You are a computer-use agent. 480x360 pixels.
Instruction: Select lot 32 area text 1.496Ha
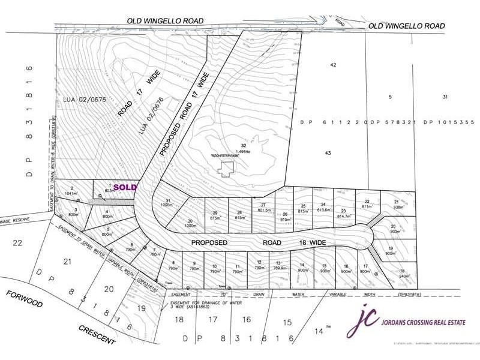pos(243,152)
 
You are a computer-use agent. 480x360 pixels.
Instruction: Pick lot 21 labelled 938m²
pos(396,204)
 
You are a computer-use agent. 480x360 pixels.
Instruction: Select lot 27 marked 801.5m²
pos(263,207)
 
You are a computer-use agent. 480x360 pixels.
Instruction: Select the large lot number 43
pos(328,154)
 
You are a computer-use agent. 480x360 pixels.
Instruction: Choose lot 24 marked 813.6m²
pos(325,207)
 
